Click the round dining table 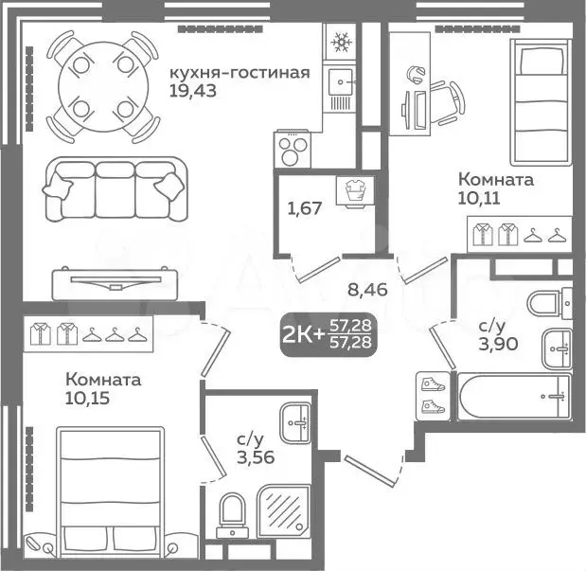pyautogui.click(x=103, y=87)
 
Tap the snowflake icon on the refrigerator pyautogui.click(x=341, y=41)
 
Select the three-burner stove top pyautogui.click(x=293, y=149)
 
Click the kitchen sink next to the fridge pyautogui.click(x=340, y=81)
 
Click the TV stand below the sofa pyautogui.click(x=115, y=283)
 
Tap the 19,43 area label pyautogui.click(x=193, y=91)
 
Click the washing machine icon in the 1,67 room pyautogui.click(x=355, y=191)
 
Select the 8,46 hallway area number pyautogui.click(x=367, y=290)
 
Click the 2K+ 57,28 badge pyautogui.click(x=328, y=334)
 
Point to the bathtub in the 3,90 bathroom pyautogui.click(x=515, y=396)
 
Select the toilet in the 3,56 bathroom pyautogui.click(x=233, y=515)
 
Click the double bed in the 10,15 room pyautogui.click(x=110, y=493)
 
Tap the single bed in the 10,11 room pyautogui.click(x=541, y=102)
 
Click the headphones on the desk pyautogui.click(x=416, y=74)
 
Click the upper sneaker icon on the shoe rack pyautogui.click(x=434, y=384)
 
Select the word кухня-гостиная pyautogui.click(x=240, y=73)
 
